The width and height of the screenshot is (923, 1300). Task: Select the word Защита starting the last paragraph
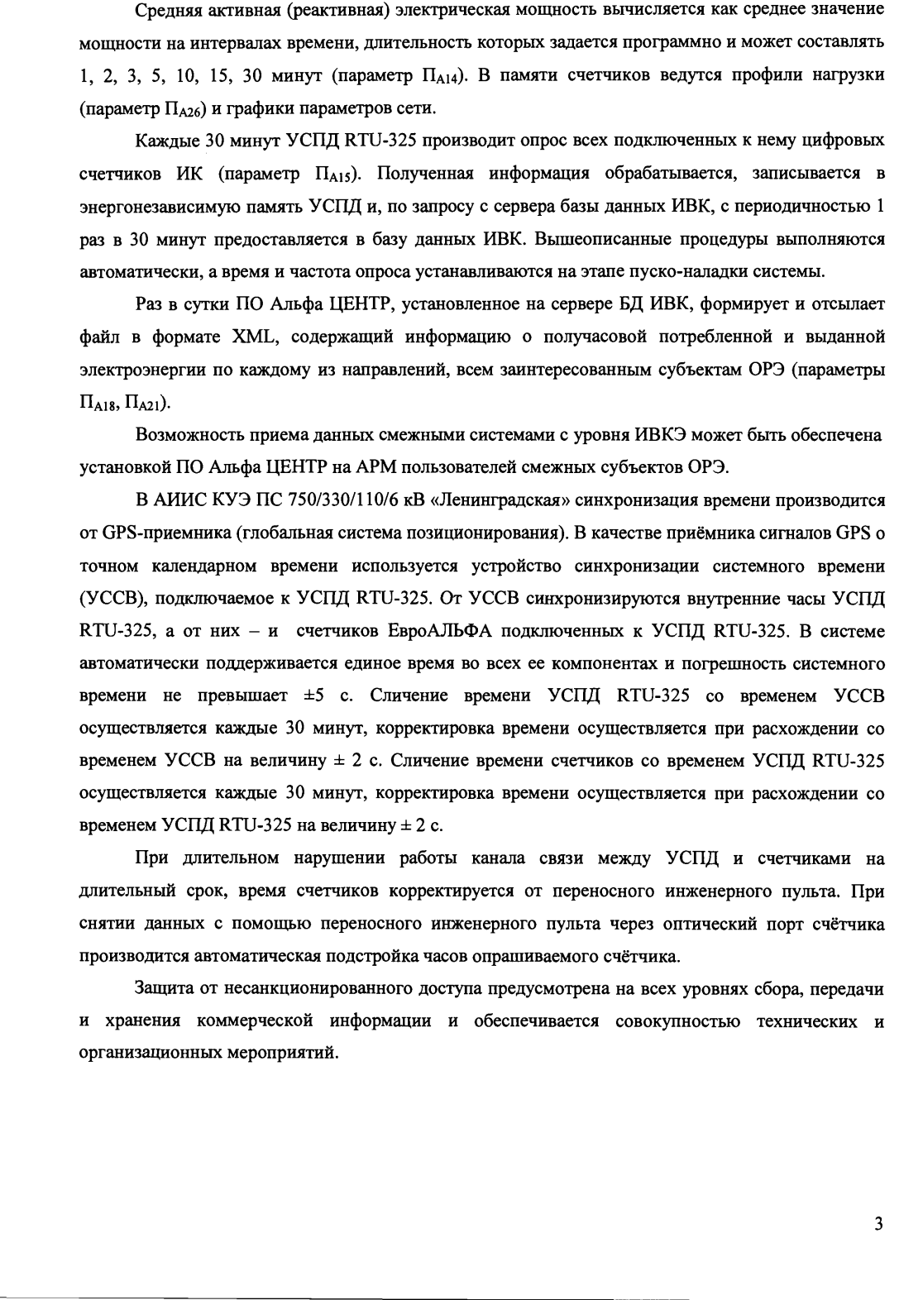(167, 989)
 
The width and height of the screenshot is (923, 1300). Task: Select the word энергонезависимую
(161, 207)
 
